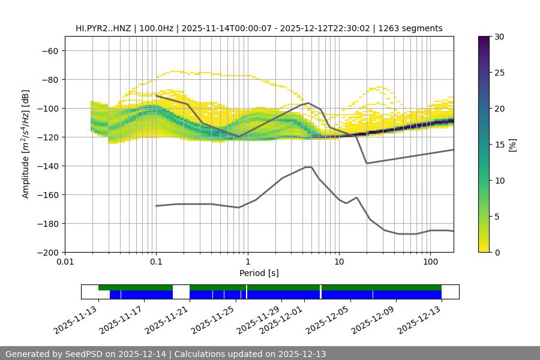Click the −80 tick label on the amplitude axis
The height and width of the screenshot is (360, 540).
[x=49, y=80]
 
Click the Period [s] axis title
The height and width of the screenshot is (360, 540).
[x=259, y=273]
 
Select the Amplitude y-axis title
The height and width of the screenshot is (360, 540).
[x=26, y=144]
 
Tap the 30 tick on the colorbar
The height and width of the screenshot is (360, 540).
[x=499, y=37]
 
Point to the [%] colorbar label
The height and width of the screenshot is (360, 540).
[x=512, y=145]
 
